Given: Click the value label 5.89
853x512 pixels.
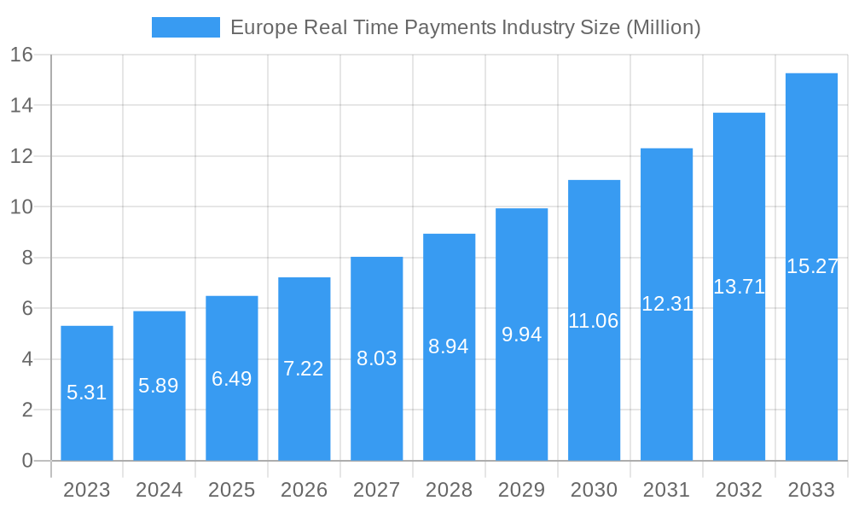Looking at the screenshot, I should [x=159, y=386].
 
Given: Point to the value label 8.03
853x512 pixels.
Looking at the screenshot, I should [x=377, y=358].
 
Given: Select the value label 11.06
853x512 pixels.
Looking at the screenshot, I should [x=594, y=321].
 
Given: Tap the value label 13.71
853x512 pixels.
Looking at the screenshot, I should [x=739, y=287].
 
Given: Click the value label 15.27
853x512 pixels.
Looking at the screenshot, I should [x=812, y=266].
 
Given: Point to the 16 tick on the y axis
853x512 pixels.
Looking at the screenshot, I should [x=21, y=55].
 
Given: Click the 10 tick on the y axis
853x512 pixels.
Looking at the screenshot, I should [x=21, y=207].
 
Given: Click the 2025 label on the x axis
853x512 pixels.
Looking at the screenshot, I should [x=232, y=490].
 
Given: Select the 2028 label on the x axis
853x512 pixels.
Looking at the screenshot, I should [x=450, y=490].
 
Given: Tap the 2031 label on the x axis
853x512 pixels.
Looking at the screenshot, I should [x=666, y=490].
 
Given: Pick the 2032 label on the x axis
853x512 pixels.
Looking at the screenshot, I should [x=739, y=490].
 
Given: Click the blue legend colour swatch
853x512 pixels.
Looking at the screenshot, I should [x=186, y=27].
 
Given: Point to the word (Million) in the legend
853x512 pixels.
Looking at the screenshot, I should [x=663, y=27].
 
